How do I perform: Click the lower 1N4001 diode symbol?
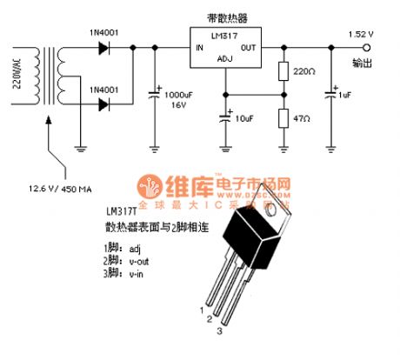point(105,105)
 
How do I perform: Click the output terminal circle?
point(377,49)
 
